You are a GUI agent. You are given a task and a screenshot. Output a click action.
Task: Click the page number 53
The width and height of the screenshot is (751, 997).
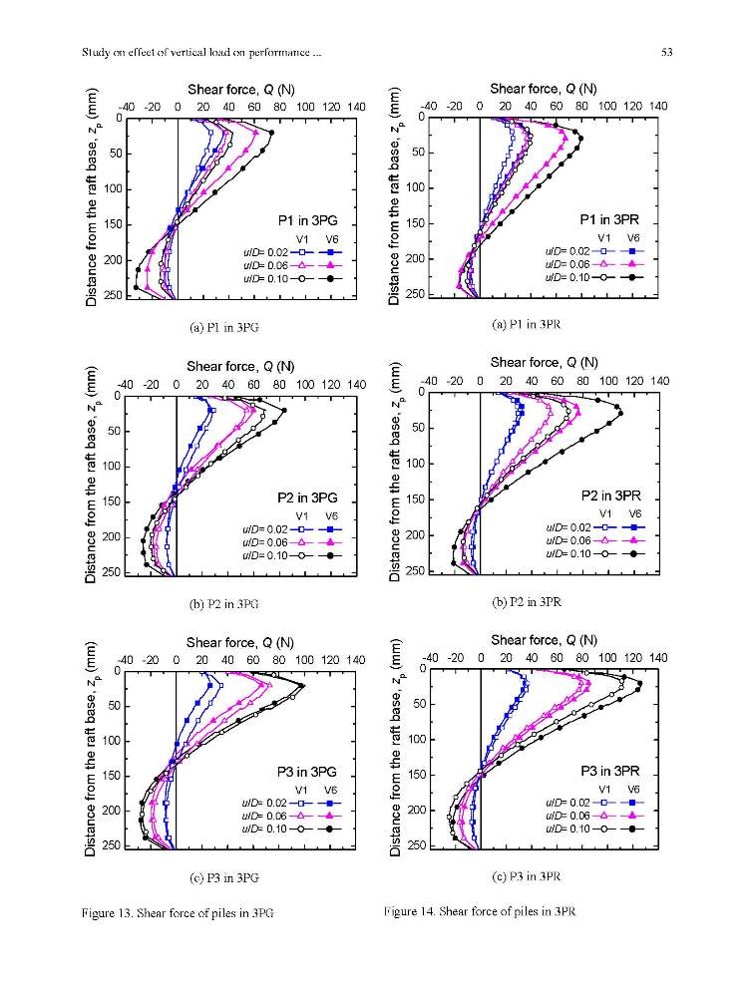666,52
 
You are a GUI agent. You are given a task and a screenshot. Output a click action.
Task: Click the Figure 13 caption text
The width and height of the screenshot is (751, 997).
178,913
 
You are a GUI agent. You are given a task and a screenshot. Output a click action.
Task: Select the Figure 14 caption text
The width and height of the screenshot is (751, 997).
480,911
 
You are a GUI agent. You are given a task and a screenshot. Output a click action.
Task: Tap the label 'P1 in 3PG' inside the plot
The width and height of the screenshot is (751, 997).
308,220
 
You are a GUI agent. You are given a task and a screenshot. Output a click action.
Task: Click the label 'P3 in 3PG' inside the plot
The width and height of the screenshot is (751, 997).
306,772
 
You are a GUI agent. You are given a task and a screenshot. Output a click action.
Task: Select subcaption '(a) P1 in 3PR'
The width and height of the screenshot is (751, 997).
527,324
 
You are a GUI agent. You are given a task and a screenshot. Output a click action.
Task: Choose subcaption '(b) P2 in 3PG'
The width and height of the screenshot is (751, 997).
224,603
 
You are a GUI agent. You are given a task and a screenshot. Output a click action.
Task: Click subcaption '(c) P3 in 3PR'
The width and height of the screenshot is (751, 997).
527,876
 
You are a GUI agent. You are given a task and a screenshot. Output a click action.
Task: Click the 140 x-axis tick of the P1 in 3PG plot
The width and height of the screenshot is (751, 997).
356,107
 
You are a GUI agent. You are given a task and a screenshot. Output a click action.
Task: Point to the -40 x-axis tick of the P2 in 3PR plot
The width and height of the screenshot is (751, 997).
429,381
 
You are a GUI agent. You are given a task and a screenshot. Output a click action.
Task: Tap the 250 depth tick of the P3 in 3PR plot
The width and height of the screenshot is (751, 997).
417,845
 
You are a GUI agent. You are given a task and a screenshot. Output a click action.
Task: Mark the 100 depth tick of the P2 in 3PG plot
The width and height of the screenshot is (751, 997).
113,467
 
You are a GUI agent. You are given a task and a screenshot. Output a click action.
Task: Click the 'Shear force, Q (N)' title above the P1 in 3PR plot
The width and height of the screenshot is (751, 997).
544,89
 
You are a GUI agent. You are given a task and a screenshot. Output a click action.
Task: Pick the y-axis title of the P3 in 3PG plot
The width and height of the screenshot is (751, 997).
91,749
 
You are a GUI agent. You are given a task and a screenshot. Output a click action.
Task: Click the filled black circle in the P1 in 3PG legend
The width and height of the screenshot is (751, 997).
330,278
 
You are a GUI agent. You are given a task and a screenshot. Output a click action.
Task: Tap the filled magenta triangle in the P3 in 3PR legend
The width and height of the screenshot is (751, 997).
632,816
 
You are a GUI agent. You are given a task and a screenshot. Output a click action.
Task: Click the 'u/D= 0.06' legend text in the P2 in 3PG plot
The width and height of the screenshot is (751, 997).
265,542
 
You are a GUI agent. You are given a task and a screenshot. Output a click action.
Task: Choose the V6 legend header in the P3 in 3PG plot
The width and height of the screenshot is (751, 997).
331,790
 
